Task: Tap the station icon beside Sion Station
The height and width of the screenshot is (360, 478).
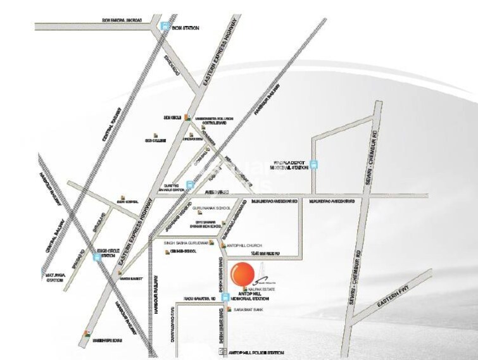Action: point(166,27)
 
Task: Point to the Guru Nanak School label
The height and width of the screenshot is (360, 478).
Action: point(211,206)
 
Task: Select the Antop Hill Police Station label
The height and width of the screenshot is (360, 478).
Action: point(258,352)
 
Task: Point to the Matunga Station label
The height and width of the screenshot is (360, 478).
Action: point(53,277)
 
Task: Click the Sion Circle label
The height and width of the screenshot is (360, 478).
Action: point(172,118)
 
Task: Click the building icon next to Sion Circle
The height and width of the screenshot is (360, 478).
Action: point(188,118)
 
